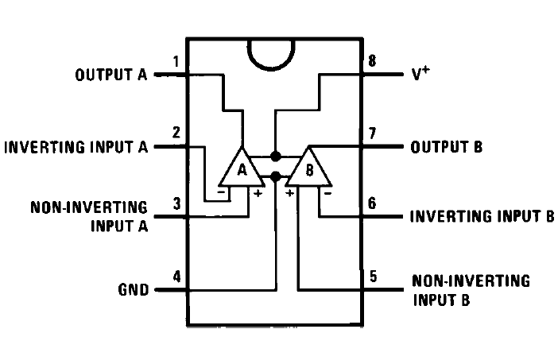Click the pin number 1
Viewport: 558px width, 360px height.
176,61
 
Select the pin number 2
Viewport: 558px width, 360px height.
176,133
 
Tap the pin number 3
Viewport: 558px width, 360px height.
176,203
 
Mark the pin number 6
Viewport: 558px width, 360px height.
373,203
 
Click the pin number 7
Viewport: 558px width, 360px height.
373,133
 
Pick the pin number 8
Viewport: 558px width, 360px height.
373,61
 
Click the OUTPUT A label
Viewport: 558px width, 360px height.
110,75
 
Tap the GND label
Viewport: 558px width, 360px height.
134,289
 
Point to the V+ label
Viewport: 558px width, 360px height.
420,75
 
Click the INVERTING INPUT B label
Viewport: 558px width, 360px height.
482,216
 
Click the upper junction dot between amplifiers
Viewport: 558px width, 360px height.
276,156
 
